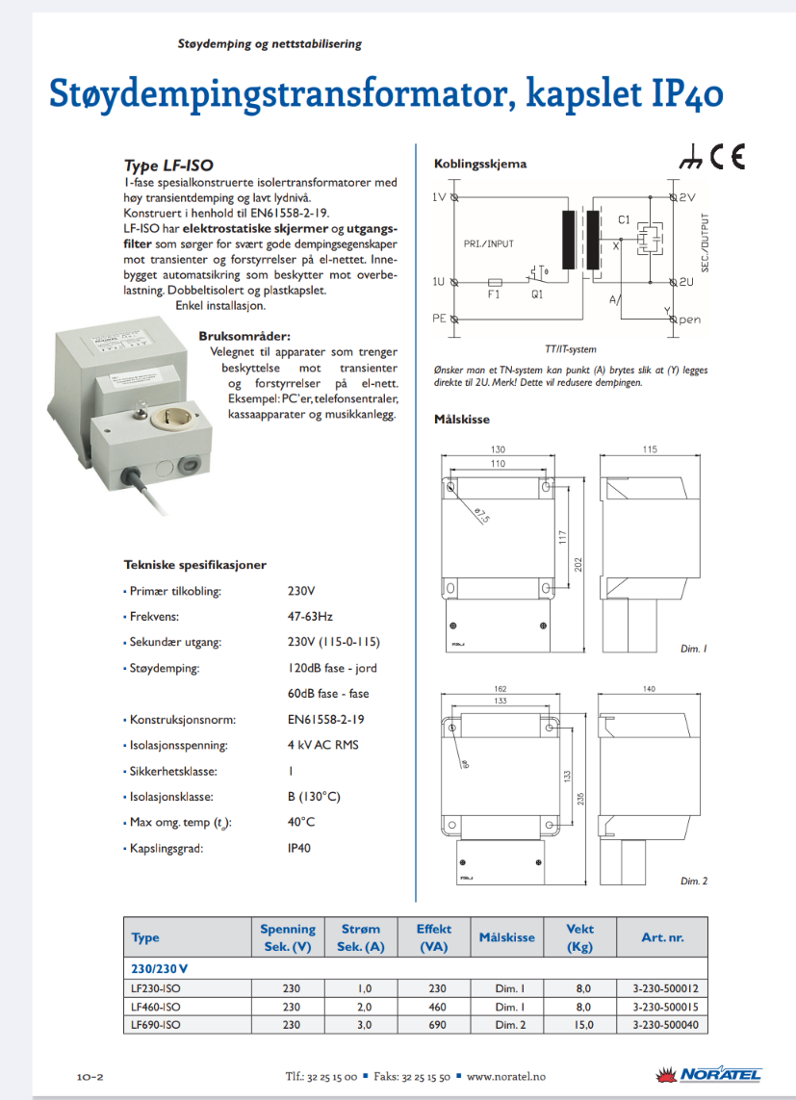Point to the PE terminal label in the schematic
coord(438,318)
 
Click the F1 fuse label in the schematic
coord(495,295)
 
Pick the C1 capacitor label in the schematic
coord(624,221)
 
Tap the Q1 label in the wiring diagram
coord(537,295)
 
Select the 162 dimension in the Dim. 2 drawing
coord(498,689)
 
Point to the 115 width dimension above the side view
coord(650,449)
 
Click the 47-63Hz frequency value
coord(310,617)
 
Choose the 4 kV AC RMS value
coord(323,745)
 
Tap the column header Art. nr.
coord(662,936)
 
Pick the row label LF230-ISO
coord(155,988)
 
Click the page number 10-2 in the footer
coord(90,1076)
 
